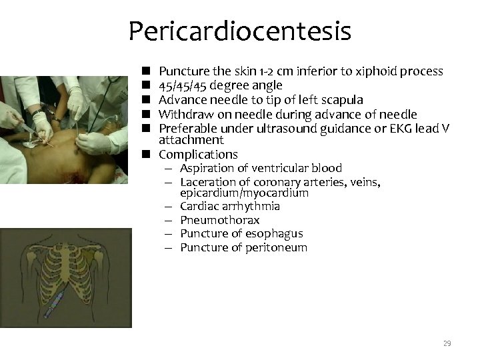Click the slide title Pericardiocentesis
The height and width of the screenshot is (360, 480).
tap(239, 31)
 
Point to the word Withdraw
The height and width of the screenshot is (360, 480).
tap(185, 114)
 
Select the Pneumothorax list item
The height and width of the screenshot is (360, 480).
tap(220, 220)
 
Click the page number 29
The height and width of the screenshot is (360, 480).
tap(447, 343)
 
